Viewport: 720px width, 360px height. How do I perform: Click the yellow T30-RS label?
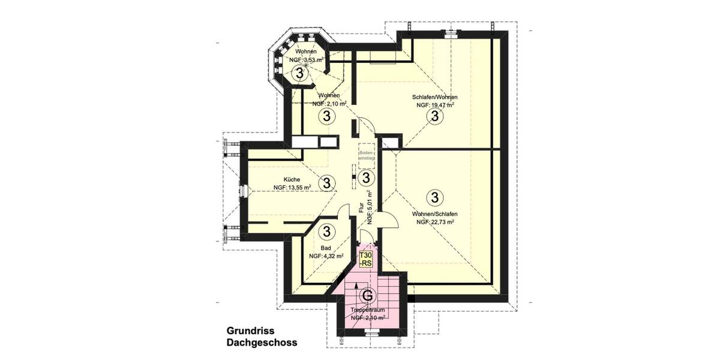[x=366, y=259]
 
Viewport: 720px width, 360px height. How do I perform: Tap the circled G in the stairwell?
[x=367, y=295]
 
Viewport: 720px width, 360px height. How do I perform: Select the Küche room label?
[x=292, y=178]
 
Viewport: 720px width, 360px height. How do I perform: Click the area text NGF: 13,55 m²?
[x=292, y=187]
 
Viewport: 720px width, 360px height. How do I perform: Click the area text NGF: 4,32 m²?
[x=326, y=256]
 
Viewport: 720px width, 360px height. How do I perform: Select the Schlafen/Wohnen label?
[x=434, y=97]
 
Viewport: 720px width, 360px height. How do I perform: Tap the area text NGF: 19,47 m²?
[x=434, y=105]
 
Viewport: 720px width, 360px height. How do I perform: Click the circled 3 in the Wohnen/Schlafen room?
[x=434, y=196]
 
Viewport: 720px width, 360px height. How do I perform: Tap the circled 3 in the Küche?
[x=327, y=182]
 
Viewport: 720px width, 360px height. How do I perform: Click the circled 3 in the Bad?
[x=327, y=230]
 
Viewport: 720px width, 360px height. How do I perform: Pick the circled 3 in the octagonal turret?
[x=298, y=73]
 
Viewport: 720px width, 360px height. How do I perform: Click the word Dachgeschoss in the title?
[x=262, y=343]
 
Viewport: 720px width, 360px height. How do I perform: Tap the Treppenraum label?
[x=367, y=310]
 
